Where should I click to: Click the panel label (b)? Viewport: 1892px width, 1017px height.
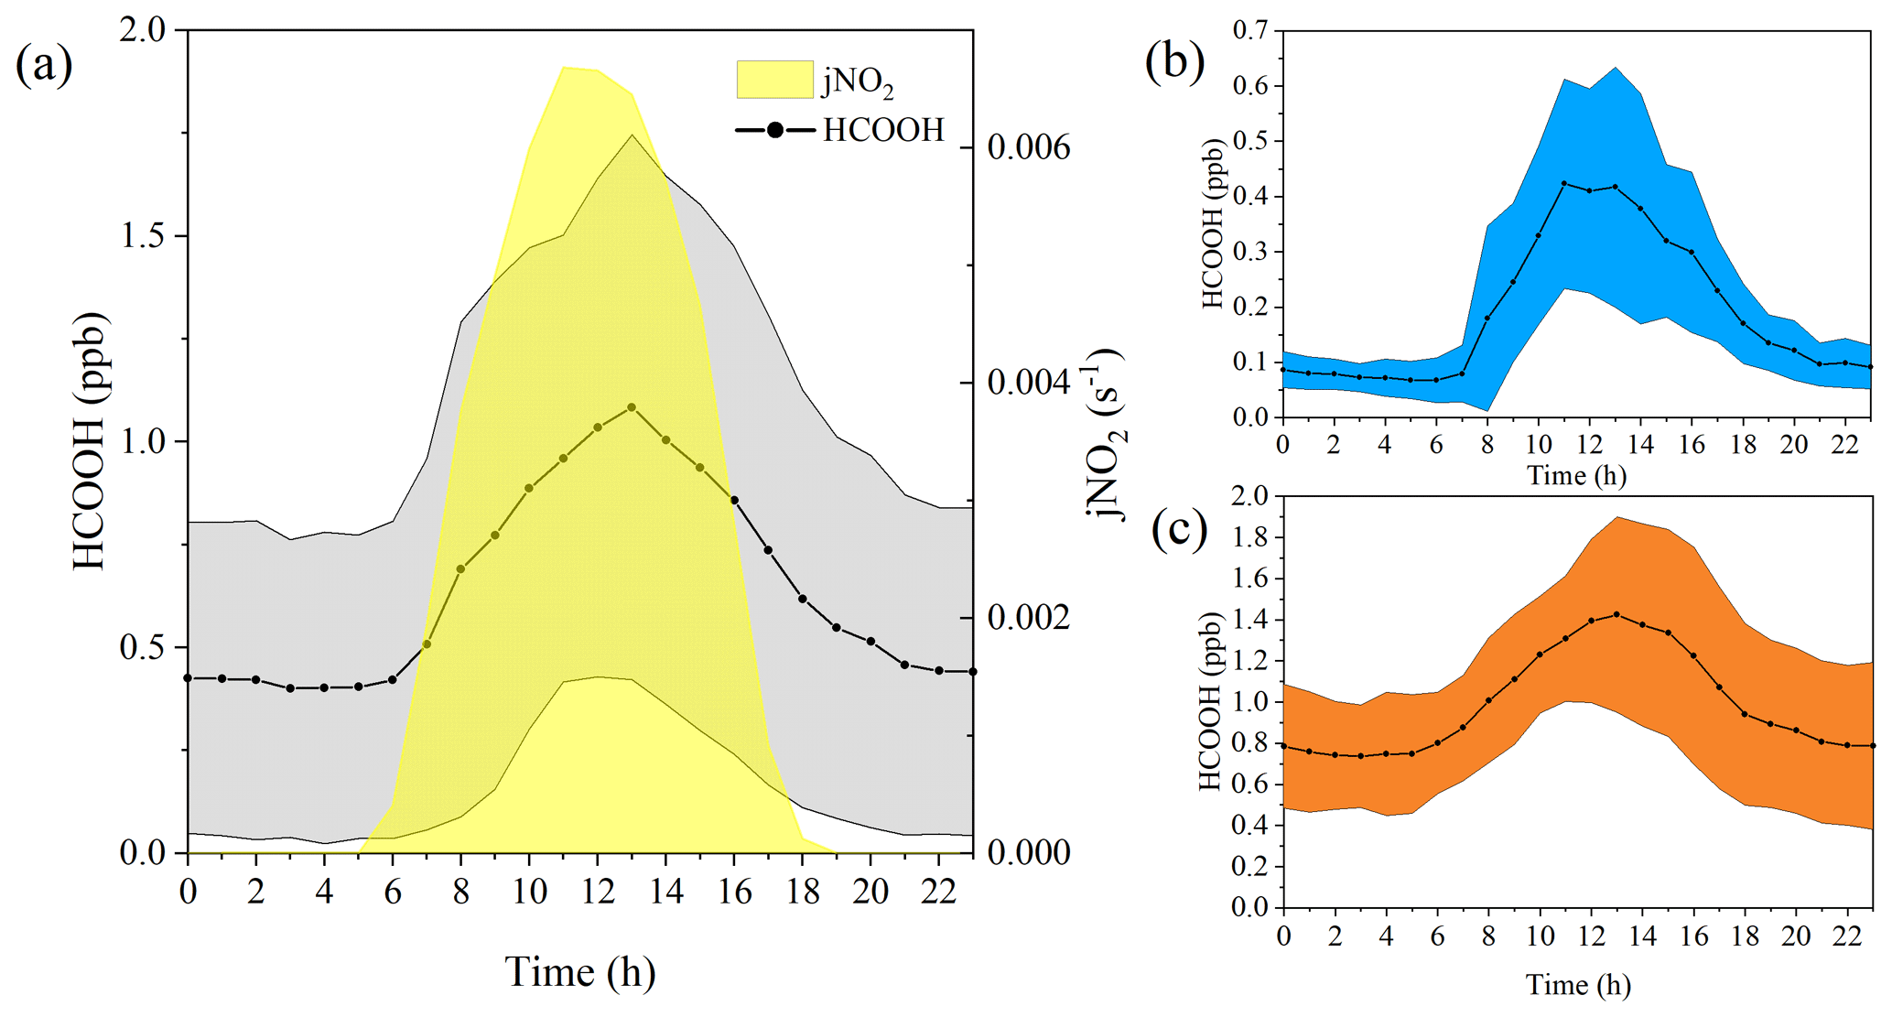click(1174, 61)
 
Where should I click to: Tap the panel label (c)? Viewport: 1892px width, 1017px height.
click(1180, 529)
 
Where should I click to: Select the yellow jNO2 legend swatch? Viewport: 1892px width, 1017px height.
click(774, 80)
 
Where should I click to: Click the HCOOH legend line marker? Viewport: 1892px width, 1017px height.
click(774, 130)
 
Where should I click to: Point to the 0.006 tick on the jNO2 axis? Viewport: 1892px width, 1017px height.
click(1028, 147)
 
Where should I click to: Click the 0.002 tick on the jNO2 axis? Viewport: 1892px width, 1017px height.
click(1028, 618)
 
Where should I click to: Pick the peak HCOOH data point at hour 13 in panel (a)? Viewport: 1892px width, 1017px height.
click(632, 407)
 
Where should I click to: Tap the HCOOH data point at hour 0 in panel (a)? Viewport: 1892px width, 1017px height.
click(188, 678)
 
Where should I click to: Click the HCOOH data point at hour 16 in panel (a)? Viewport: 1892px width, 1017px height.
click(734, 500)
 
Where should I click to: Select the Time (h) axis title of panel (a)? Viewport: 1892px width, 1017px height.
click(580, 972)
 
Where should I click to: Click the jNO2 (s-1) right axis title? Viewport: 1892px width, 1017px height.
click(1107, 435)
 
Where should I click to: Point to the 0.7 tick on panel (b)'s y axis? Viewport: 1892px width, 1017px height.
click(1250, 30)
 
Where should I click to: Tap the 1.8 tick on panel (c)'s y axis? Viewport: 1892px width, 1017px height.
click(1250, 537)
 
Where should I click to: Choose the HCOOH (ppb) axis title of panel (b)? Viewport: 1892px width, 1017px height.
click(1212, 224)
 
